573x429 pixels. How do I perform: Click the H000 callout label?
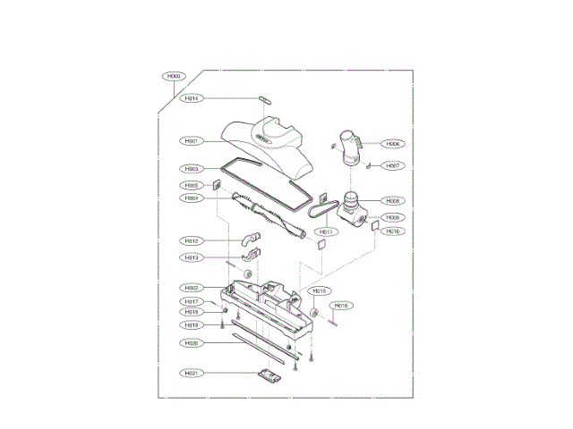point(175,77)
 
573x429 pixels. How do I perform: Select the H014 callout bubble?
point(192,98)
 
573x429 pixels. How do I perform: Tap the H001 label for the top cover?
point(192,141)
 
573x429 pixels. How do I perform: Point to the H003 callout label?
point(192,169)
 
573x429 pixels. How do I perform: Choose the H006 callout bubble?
point(393,144)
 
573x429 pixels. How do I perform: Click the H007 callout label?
point(393,166)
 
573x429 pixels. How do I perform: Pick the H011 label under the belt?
point(326,231)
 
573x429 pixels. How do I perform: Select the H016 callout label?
point(341,306)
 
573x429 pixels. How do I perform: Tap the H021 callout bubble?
point(192,373)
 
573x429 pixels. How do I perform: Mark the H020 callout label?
point(192,343)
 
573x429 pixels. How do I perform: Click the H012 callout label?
point(192,241)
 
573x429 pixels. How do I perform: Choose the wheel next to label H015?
point(314,312)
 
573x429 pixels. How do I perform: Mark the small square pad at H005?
point(218,186)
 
